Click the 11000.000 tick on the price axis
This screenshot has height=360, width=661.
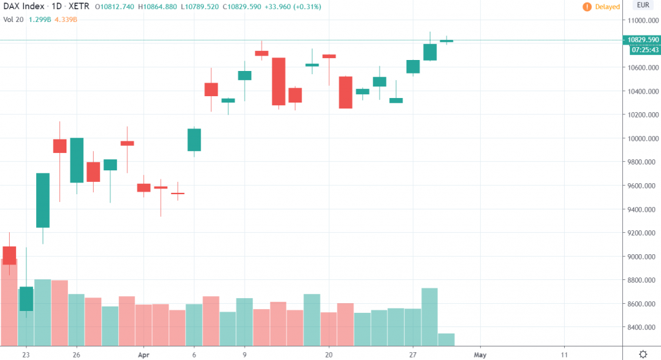pyautogui.click(x=638, y=21)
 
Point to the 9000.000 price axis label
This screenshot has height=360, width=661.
pyautogui.click(x=638, y=257)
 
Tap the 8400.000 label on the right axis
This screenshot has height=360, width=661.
pyautogui.click(x=638, y=328)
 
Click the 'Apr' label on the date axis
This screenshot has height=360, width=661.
pyautogui.click(x=144, y=354)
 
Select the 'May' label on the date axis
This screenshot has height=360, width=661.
pyautogui.click(x=479, y=354)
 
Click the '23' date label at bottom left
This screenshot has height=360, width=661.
pyautogui.click(x=26, y=354)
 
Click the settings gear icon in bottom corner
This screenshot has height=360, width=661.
pyautogui.click(x=643, y=354)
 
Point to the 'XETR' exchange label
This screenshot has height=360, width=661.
pyautogui.click(x=81, y=7)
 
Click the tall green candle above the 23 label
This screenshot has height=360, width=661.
pyautogui.click(x=43, y=200)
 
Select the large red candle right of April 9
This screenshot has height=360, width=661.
pyautogui.click(x=279, y=81)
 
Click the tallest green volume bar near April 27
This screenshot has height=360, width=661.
pyautogui.click(x=430, y=316)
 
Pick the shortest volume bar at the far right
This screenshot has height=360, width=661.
pyautogui.click(x=446, y=339)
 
